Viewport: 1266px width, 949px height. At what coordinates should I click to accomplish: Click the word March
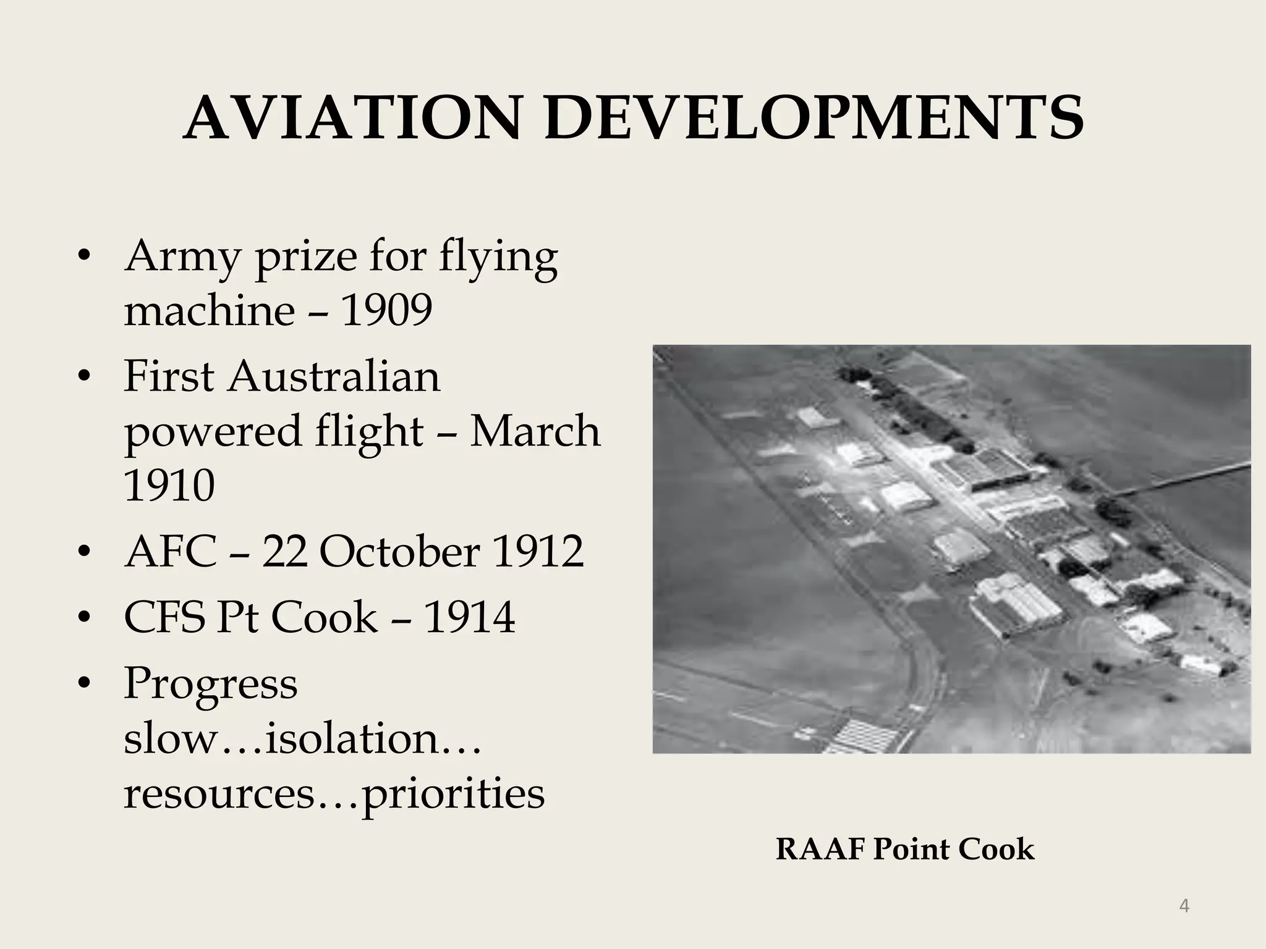point(535,431)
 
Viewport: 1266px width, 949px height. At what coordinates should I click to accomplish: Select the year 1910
point(169,486)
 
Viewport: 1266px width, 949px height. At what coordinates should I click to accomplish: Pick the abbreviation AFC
point(171,551)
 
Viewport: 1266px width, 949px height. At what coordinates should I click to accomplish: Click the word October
point(399,551)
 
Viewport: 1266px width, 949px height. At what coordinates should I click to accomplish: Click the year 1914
point(469,617)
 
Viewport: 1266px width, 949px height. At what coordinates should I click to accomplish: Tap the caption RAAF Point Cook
point(904,849)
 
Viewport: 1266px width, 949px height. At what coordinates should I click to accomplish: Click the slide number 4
point(1184,906)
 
